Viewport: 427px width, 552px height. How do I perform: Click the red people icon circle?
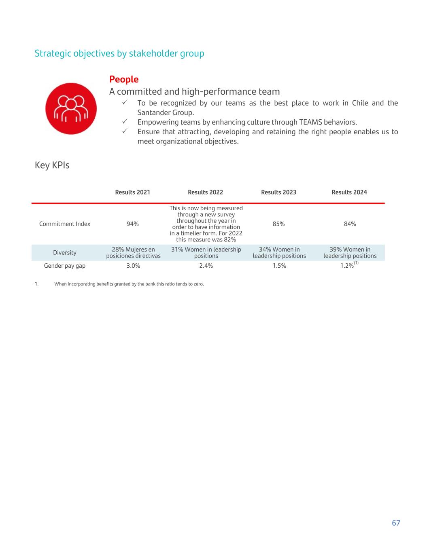coord(71,108)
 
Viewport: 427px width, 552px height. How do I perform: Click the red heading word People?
coord(124,79)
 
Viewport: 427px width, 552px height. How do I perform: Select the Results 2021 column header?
coord(132,192)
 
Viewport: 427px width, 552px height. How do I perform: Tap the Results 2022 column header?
coord(205,192)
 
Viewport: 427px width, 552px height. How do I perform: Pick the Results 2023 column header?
coord(278,192)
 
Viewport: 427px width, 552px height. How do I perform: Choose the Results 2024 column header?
coord(349,192)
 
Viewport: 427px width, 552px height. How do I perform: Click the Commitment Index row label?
coord(65,224)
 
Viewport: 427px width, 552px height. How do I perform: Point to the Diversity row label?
coord(65,253)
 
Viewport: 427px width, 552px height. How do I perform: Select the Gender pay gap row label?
coord(65,266)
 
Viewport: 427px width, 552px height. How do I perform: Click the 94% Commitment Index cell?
coord(133,224)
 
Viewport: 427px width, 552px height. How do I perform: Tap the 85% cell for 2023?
coord(278,224)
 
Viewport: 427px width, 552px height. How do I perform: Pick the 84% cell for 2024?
coord(350,224)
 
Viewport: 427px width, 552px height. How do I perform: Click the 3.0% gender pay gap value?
coord(133,266)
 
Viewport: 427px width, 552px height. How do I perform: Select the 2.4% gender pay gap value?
coord(206,266)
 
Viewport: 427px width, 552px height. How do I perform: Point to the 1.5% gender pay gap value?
coord(279,266)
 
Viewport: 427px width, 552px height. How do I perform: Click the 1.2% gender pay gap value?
coord(347,266)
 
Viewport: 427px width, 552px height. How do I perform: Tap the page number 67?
coord(396,523)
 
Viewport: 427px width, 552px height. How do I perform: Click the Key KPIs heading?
coord(52,165)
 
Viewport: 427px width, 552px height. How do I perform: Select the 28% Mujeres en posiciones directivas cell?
coord(133,253)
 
